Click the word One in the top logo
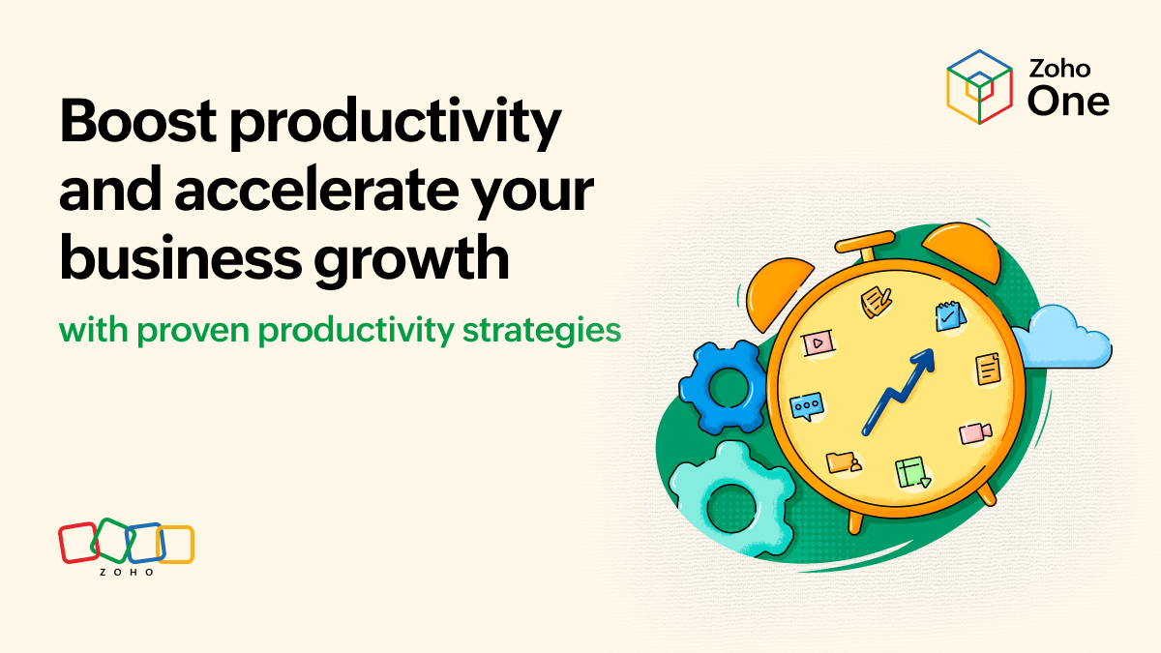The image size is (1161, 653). coord(1068,100)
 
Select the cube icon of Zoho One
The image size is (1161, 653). coord(979,85)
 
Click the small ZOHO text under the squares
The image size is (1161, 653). coord(127,572)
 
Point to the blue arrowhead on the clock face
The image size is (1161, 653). coord(923,361)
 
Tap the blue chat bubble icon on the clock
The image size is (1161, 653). coord(805,406)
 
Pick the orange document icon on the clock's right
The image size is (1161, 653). coord(988,369)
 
